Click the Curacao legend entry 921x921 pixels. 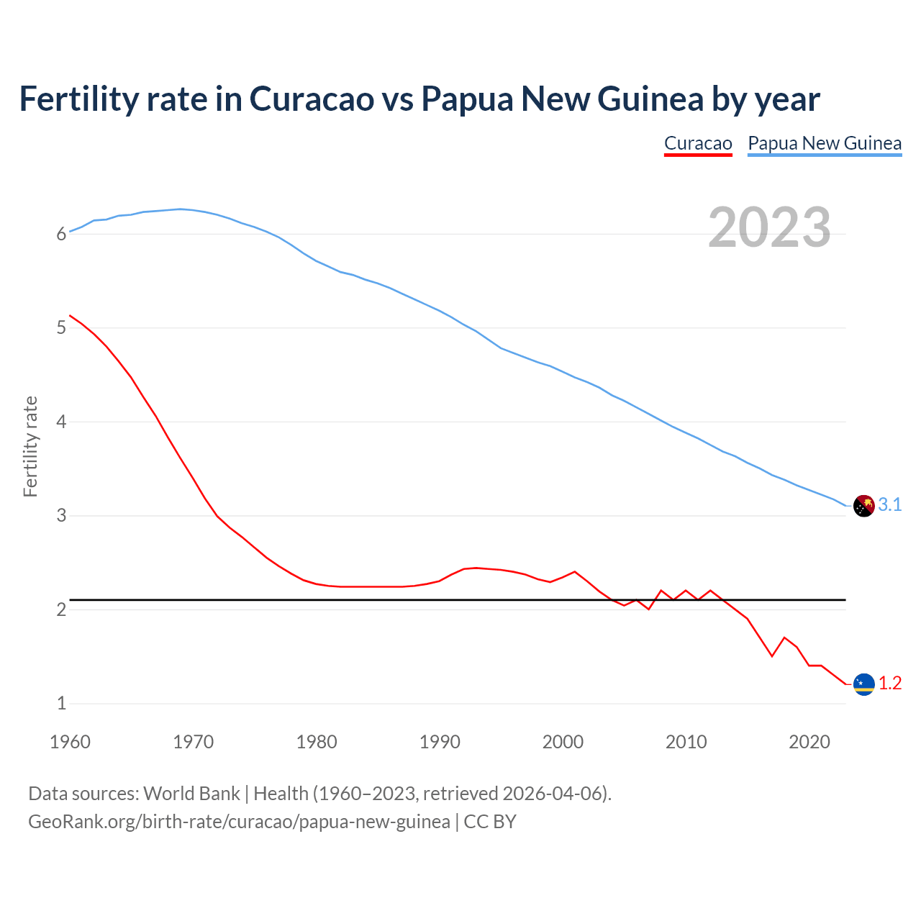(x=697, y=143)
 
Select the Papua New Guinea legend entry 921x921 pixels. (x=824, y=143)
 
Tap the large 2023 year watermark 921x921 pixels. (x=769, y=227)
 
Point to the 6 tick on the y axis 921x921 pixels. (x=61, y=234)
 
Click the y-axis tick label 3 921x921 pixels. (x=61, y=516)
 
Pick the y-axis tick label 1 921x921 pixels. (x=61, y=704)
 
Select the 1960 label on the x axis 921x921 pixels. (x=70, y=742)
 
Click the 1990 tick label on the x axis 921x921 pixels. (x=440, y=742)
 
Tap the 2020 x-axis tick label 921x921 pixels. (x=809, y=742)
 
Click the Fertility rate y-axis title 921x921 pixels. (x=30, y=446)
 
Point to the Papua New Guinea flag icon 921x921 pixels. (x=863, y=506)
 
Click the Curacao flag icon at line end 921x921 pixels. (x=863, y=684)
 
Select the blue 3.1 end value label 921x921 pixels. (x=890, y=505)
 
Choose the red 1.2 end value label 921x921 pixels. (x=890, y=684)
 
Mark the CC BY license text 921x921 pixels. (x=490, y=822)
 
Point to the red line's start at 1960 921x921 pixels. (x=70, y=315)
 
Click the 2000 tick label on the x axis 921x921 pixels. (x=563, y=742)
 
